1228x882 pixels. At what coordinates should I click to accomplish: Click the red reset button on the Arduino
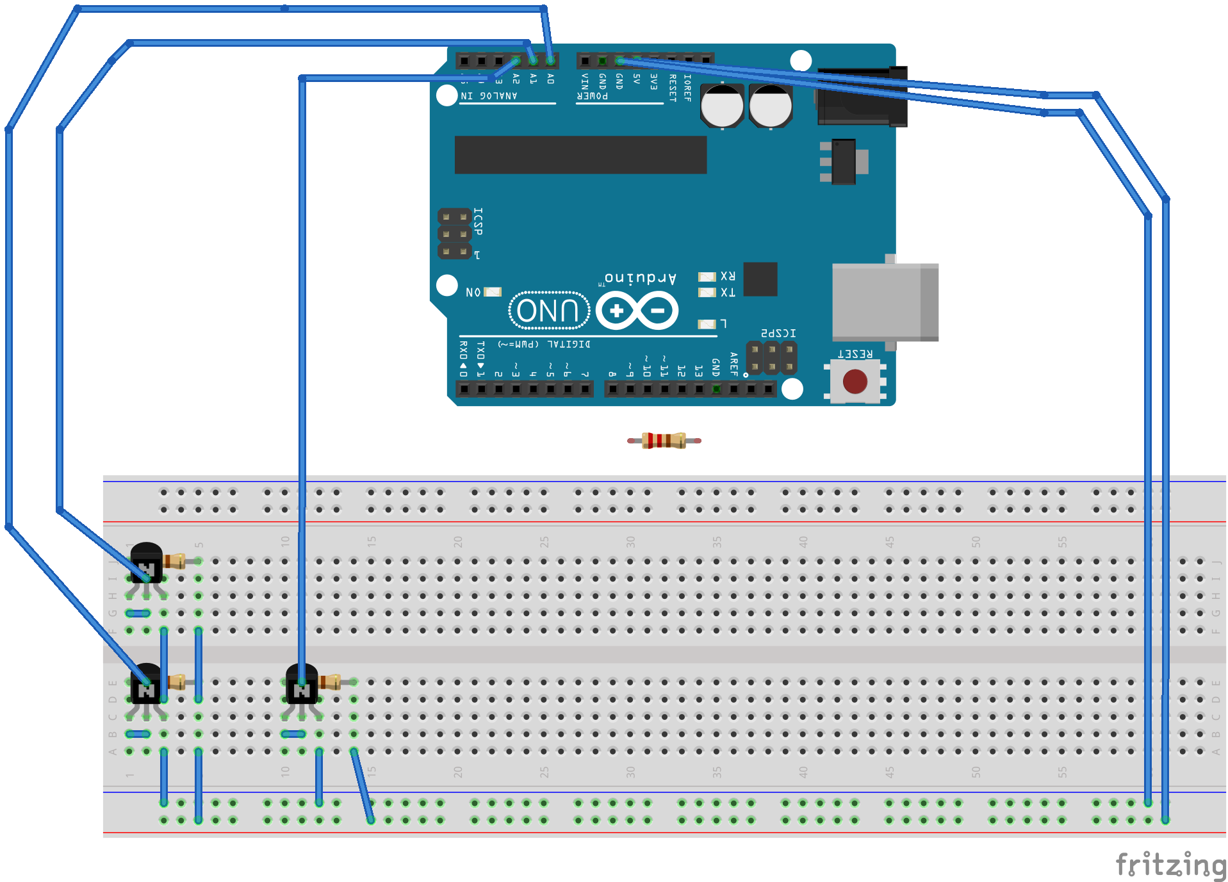click(855, 382)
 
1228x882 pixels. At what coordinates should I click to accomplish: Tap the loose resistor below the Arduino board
click(664, 440)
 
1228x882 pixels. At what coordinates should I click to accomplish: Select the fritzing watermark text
click(1171, 865)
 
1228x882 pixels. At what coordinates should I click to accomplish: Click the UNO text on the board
click(548, 311)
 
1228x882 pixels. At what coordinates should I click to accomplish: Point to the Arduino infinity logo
click(637, 311)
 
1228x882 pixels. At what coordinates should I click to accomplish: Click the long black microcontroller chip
click(580, 154)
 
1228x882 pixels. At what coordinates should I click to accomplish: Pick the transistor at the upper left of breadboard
click(146, 562)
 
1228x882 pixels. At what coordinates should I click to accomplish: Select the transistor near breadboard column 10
click(301, 684)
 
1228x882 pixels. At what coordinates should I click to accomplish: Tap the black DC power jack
click(862, 96)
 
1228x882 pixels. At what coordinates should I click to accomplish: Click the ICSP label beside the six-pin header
click(478, 221)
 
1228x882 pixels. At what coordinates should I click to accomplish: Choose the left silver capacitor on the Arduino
click(722, 106)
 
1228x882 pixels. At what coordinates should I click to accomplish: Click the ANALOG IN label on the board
click(489, 96)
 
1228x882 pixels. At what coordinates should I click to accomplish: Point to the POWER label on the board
click(592, 96)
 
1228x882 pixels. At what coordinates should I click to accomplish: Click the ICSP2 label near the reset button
click(778, 333)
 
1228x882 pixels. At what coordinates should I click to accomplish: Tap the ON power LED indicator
click(493, 292)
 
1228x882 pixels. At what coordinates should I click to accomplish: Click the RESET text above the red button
click(855, 354)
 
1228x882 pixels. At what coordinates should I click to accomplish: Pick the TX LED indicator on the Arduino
click(707, 293)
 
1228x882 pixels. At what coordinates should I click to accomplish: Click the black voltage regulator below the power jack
click(844, 161)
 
